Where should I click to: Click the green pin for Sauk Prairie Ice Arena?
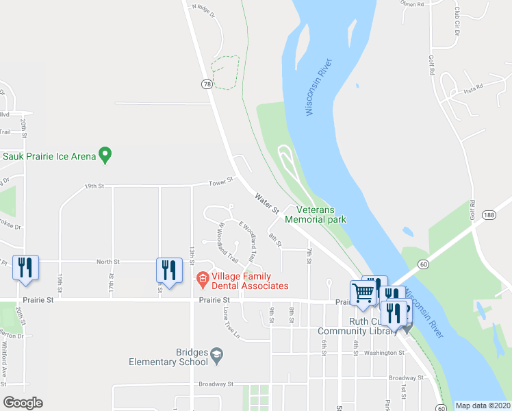105,155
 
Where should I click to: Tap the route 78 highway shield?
207,84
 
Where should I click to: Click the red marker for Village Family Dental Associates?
203,279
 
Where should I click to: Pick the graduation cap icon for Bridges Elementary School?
217,353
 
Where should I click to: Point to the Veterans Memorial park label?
316,214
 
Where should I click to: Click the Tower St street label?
222,182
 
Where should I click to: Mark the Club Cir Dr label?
457,20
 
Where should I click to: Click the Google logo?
23,402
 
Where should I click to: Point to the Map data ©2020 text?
483,406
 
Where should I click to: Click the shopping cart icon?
363,292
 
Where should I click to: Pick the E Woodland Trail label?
248,236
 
